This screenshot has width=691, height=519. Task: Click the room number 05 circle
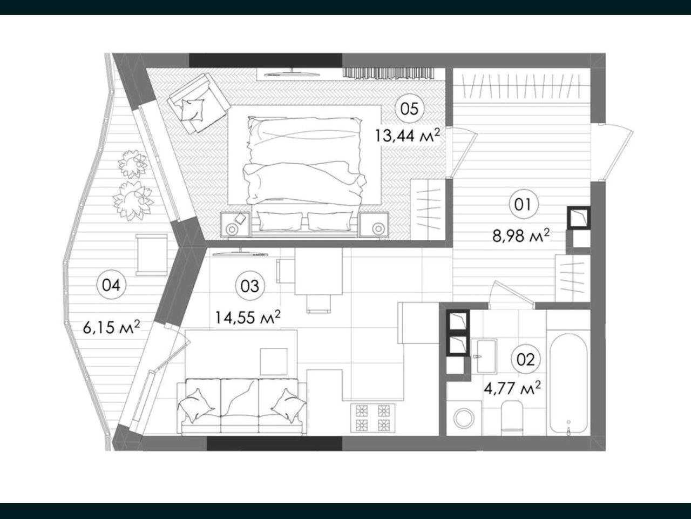click(410, 109)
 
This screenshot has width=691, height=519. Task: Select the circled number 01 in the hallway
click(524, 205)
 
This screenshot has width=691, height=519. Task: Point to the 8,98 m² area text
click(521, 235)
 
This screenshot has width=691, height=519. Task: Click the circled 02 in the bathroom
click(525, 359)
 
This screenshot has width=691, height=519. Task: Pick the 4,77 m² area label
click(512, 388)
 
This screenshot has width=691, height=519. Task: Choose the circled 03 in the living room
click(250, 286)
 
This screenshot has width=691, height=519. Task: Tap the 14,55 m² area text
click(247, 317)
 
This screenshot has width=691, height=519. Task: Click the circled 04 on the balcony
click(111, 285)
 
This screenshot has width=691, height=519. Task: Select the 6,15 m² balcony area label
click(111, 327)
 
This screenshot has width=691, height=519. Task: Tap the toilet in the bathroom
click(512, 416)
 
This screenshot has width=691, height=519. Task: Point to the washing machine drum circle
click(464, 418)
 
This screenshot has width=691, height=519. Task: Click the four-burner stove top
click(372, 418)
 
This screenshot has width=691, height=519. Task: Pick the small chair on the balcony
click(151, 255)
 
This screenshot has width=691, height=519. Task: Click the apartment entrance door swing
click(612, 152)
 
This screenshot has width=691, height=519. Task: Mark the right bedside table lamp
click(378, 228)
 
